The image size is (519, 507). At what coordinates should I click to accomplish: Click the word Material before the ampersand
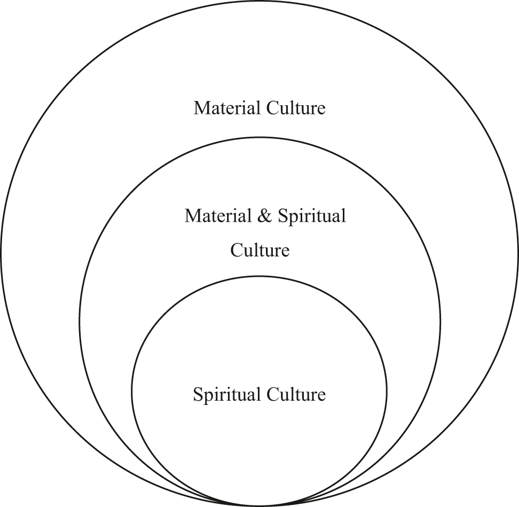218,216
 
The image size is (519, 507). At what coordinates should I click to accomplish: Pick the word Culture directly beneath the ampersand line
260,250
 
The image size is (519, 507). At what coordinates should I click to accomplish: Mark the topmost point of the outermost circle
259,1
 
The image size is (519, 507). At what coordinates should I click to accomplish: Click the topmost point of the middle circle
260,137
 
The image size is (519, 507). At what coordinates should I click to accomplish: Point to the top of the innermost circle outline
259,276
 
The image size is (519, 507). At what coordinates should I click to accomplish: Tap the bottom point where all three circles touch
260,505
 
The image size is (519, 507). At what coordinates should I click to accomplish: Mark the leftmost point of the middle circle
80,321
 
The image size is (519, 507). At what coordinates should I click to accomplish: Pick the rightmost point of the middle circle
441,321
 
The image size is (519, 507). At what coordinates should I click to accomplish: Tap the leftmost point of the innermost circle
132,391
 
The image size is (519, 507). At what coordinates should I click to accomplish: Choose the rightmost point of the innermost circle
387,391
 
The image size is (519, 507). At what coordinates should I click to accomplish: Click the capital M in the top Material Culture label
200,108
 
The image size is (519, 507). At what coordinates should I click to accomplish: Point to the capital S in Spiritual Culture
197,396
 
